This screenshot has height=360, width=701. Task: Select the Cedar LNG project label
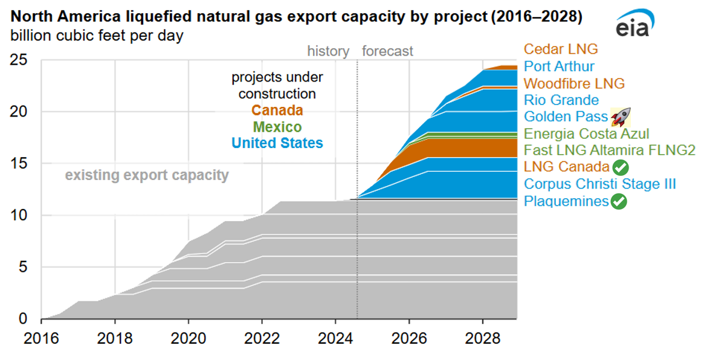tap(560, 50)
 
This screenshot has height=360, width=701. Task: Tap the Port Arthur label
tap(559, 66)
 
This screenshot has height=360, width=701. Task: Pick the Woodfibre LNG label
tap(574, 83)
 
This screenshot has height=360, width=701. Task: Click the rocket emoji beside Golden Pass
tap(621, 116)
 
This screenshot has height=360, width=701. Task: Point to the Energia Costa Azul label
tap(586, 133)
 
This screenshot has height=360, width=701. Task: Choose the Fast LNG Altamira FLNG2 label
tap(610, 150)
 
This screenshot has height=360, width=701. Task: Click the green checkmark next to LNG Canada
tap(620, 167)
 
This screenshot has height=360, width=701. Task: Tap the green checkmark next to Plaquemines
tap(619, 202)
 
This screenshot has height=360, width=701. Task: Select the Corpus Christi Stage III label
tap(599, 184)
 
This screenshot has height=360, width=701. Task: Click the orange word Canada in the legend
tap(277, 111)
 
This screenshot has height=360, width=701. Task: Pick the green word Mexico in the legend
tap(277, 127)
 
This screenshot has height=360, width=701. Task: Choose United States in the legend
tap(277, 143)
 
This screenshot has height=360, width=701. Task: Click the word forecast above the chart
tap(387, 51)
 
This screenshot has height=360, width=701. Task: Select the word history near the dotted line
tap(328, 51)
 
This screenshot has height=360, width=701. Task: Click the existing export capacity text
tap(147, 176)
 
